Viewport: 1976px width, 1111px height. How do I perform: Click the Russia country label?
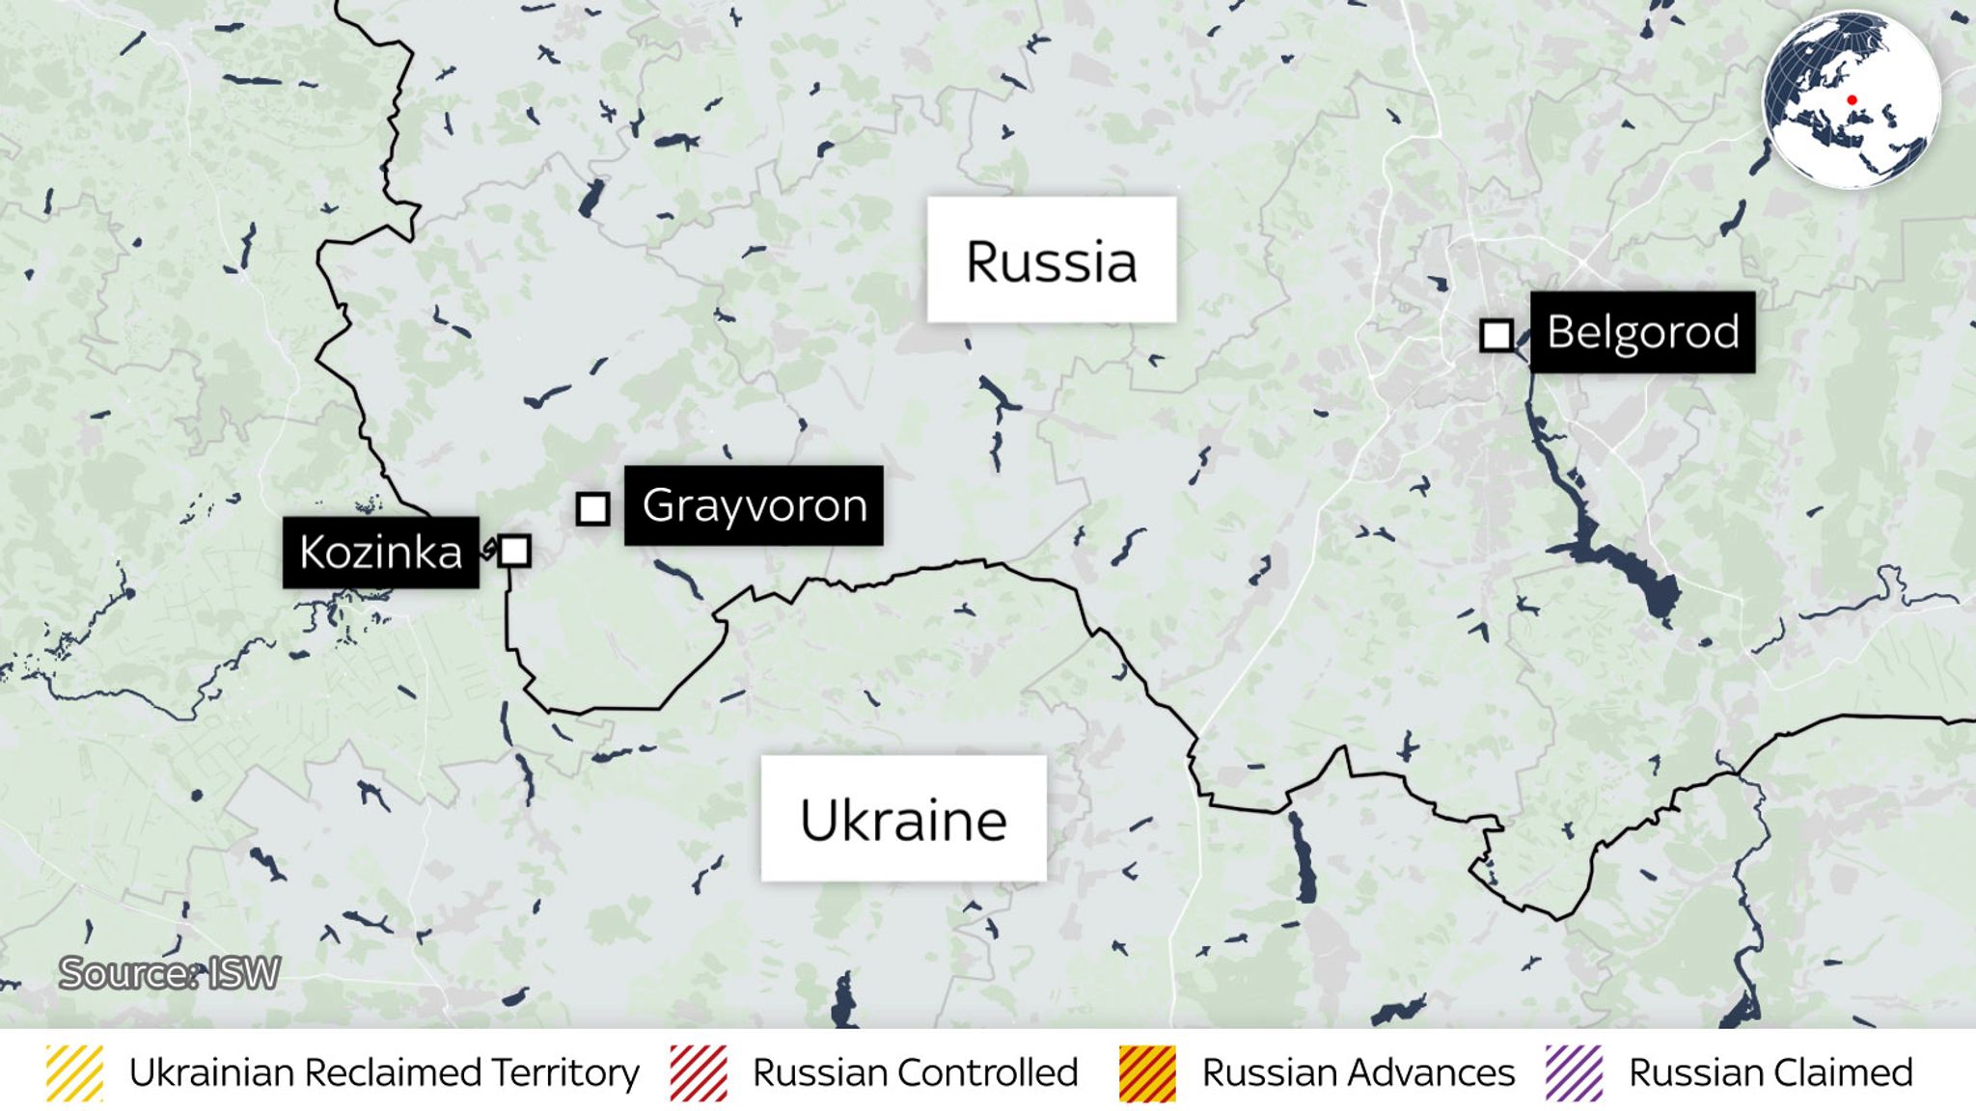pos(1052,260)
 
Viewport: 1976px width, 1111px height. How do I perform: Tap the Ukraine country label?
pos(903,820)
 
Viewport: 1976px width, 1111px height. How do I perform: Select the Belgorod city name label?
pos(1642,332)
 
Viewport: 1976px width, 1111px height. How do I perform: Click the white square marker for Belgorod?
pos(1496,336)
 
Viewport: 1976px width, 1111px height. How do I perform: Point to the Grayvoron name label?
pos(754,505)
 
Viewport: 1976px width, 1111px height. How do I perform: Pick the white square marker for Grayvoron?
pos(592,508)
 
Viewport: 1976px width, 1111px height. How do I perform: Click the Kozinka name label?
pos(380,553)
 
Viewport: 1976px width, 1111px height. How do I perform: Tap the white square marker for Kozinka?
pos(514,551)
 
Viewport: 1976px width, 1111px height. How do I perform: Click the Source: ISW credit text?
pos(170,973)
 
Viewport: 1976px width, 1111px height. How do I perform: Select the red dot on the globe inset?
pos(1852,99)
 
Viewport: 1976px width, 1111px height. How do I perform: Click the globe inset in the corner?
pos(1851,100)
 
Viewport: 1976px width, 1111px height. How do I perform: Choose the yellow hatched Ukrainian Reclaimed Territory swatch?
pos(74,1072)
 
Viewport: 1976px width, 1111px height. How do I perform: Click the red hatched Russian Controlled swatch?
pos(699,1072)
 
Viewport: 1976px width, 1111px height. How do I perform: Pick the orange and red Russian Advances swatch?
pos(1147,1072)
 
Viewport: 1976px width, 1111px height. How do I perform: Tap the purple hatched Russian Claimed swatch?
pos(1574,1072)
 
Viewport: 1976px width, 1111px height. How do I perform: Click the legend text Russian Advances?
pos(1358,1072)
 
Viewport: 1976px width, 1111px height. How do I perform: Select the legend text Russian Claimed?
pos(1770,1072)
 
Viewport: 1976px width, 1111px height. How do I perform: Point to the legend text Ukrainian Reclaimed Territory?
pos(384,1072)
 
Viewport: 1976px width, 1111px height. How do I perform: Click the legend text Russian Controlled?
pos(915,1072)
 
